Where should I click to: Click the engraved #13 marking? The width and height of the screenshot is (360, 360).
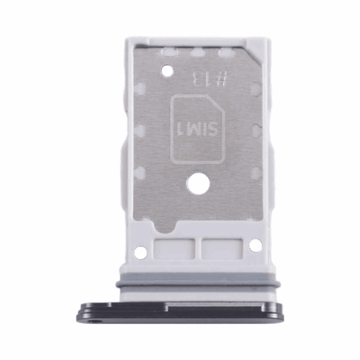click(x=210, y=79)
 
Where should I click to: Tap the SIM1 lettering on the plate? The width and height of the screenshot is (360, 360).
click(x=197, y=129)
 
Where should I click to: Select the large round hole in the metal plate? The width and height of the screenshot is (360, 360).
click(x=199, y=184)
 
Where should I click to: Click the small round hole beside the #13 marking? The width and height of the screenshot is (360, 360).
click(x=167, y=71)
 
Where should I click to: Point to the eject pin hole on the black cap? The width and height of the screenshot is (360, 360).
click(x=94, y=322)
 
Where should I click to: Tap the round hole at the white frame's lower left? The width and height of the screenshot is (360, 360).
click(x=140, y=253)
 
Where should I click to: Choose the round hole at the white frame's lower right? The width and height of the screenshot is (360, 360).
click(x=255, y=245)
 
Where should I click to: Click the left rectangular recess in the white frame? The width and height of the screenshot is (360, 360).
click(x=174, y=249)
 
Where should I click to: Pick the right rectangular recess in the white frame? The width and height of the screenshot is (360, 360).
click(x=222, y=249)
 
